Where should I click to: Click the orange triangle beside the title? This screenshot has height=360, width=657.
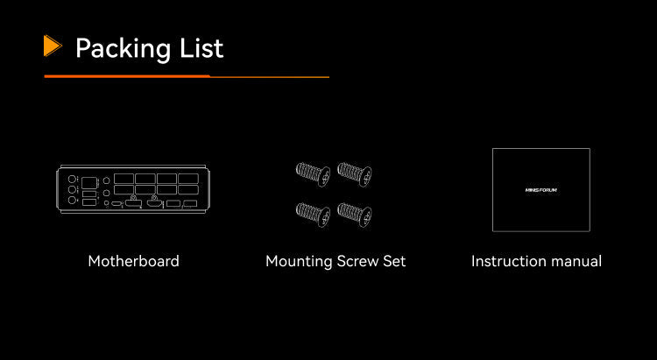coord(52,46)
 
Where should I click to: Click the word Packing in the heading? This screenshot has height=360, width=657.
coord(123,49)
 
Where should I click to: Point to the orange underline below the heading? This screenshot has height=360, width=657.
coord(187,77)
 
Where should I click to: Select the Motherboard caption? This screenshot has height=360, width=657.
coord(134,261)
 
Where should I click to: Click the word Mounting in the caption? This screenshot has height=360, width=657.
coord(299,262)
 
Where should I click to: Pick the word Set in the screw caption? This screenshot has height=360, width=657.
coord(394,261)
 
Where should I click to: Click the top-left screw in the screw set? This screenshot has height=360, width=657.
coord(313,174)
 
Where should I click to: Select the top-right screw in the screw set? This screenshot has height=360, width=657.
coord(355,174)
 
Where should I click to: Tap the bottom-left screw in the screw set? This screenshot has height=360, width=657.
coord(313,215)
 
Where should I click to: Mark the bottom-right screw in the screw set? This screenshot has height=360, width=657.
coord(355,215)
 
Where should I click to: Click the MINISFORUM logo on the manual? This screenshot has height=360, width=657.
coord(541,190)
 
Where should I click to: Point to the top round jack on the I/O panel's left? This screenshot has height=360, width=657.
coord(72,179)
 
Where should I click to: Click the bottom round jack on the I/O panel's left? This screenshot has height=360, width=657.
coord(72,201)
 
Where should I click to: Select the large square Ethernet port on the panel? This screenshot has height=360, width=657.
coord(88,183)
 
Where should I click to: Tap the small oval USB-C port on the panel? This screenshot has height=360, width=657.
coord(117,204)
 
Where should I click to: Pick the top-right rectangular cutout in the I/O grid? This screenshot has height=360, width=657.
coord(188,179)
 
